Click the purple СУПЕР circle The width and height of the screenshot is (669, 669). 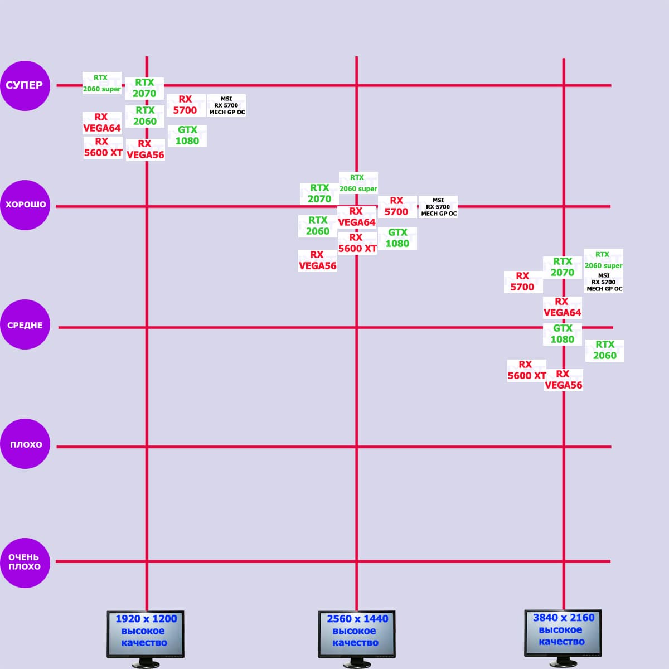pos(25,85)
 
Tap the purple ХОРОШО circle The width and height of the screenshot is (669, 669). pos(25,205)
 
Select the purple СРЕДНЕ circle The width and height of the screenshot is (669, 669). pos(25,325)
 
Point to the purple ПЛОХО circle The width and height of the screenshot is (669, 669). pos(25,444)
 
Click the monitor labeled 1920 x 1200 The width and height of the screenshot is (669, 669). pos(146,634)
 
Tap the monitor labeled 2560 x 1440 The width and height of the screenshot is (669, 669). pos(357,634)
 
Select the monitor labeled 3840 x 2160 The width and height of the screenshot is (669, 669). pos(563,633)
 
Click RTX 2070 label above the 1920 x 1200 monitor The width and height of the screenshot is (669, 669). pos(144,88)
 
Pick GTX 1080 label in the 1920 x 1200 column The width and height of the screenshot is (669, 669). pos(187,135)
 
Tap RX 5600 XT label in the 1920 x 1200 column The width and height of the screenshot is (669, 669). pos(103,147)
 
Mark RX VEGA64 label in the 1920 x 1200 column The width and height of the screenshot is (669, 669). pos(102,123)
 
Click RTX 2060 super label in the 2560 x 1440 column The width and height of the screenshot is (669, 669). pos(358,183)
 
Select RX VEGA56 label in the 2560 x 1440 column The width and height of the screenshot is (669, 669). pos(318,260)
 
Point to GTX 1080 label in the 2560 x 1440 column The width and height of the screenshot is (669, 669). pos(397,238)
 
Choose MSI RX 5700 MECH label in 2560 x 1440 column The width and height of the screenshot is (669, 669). pos(438,207)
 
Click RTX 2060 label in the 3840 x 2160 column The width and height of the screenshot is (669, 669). pos(605,350)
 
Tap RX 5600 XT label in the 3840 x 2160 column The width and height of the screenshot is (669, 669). pos(526,370)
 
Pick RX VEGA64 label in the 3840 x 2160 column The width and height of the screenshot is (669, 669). pos(562,307)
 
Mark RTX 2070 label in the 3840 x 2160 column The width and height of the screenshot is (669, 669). pos(563,267)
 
